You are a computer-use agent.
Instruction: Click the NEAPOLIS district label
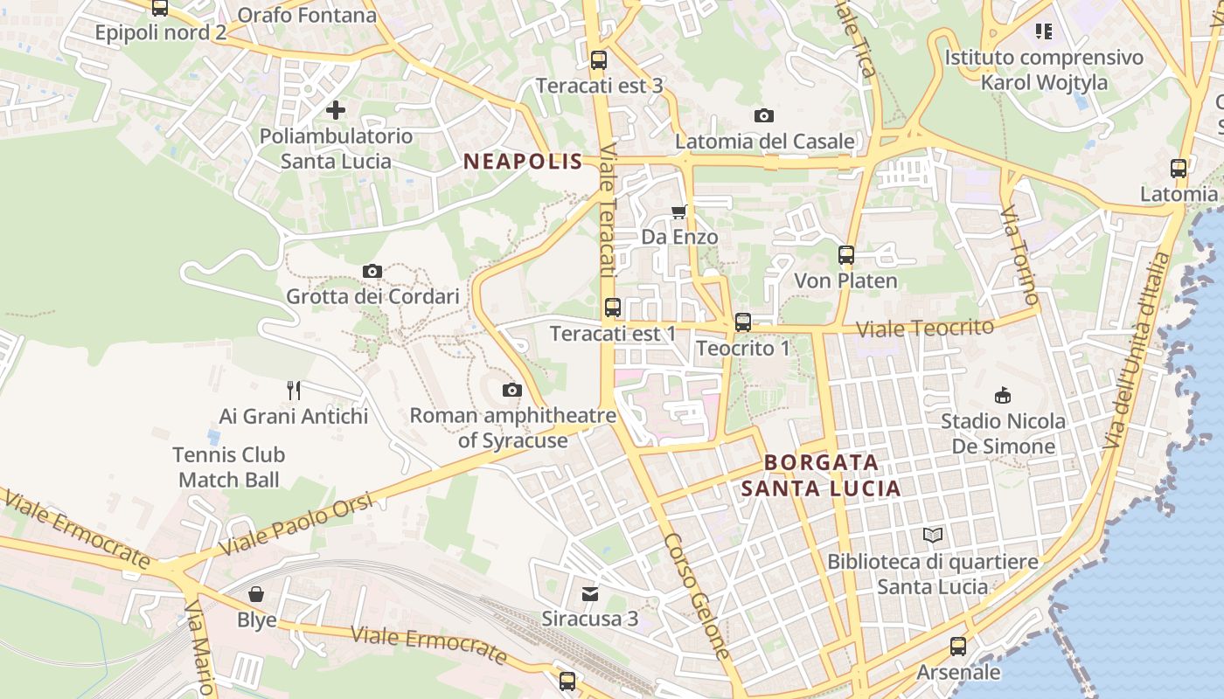click(x=523, y=161)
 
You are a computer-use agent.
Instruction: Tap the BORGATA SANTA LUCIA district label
click(x=821, y=475)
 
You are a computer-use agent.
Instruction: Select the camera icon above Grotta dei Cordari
click(x=372, y=272)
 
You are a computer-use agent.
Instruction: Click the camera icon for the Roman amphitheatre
click(x=512, y=390)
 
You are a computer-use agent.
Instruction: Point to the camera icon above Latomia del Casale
click(x=763, y=115)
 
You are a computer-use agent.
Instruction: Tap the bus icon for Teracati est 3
click(x=599, y=60)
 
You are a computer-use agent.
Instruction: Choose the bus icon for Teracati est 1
click(x=613, y=308)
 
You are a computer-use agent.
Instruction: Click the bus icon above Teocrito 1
click(x=743, y=322)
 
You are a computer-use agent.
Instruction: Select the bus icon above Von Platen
click(x=845, y=255)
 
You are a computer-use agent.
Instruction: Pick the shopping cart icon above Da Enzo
click(x=679, y=211)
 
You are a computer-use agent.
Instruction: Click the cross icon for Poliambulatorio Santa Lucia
click(x=335, y=110)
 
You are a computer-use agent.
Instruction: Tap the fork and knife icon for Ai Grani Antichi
click(x=294, y=390)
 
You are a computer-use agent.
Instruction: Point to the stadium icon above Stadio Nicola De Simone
click(x=1003, y=395)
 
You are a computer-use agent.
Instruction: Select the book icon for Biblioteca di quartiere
click(x=933, y=535)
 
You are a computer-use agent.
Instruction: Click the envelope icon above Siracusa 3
click(x=590, y=593)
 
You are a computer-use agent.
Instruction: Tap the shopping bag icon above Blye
click(x=256, y=594)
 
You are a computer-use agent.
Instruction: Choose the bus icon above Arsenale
click(x=958, y=647)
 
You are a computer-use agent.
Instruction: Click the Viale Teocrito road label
click(x=925, y=329)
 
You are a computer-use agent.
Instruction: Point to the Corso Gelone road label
click(x=697, y=598)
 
